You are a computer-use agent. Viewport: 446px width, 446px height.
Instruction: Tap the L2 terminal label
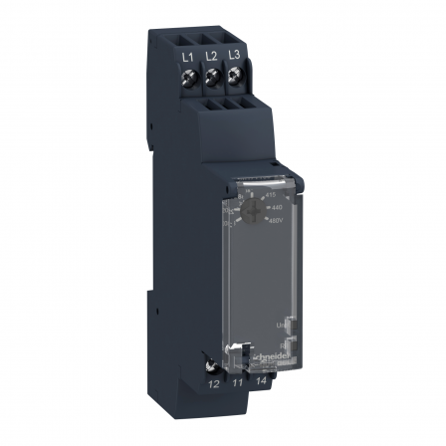tap(211, 57)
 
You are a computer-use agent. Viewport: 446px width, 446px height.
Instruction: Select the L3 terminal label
tap(234, 54)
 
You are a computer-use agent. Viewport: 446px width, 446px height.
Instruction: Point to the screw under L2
tap(211, 74)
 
